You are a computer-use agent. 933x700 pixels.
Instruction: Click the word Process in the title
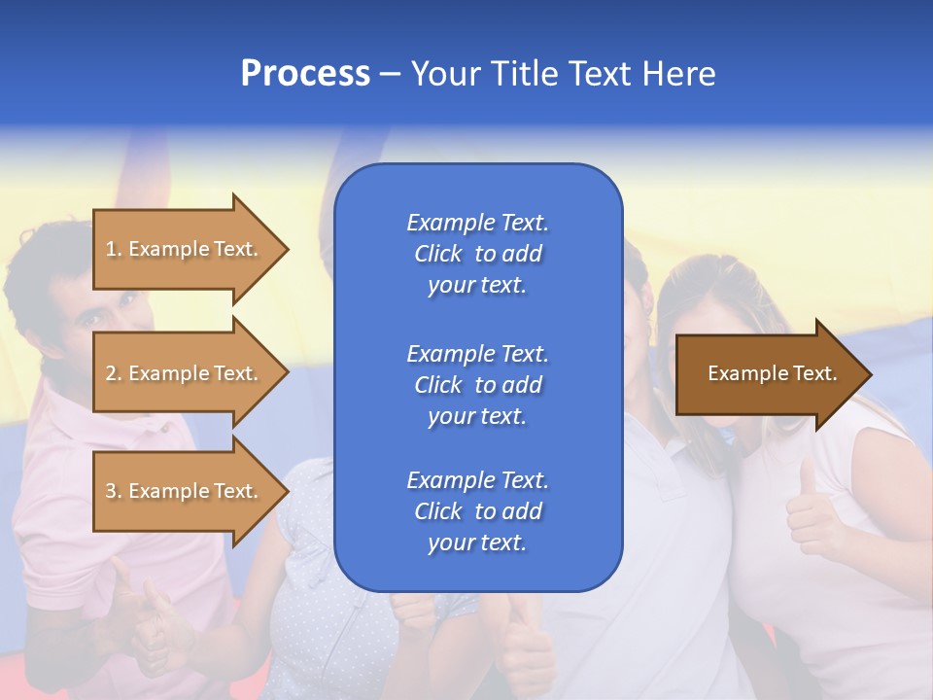[x=305, y=74]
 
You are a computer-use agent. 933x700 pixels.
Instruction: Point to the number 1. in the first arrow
[x=114, y=249]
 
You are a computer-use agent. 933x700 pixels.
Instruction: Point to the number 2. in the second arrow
[x=114, y=373]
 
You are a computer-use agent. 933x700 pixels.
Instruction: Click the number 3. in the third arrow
[x=114, y=491]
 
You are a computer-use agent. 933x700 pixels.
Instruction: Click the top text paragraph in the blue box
[x=477, y=254]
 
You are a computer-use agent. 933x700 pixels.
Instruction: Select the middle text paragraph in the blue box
[x=477, y=384]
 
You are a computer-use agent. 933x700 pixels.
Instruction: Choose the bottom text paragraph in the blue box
[x=477, y=511]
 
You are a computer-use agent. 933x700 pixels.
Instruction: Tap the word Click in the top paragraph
[x=438, y=254]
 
